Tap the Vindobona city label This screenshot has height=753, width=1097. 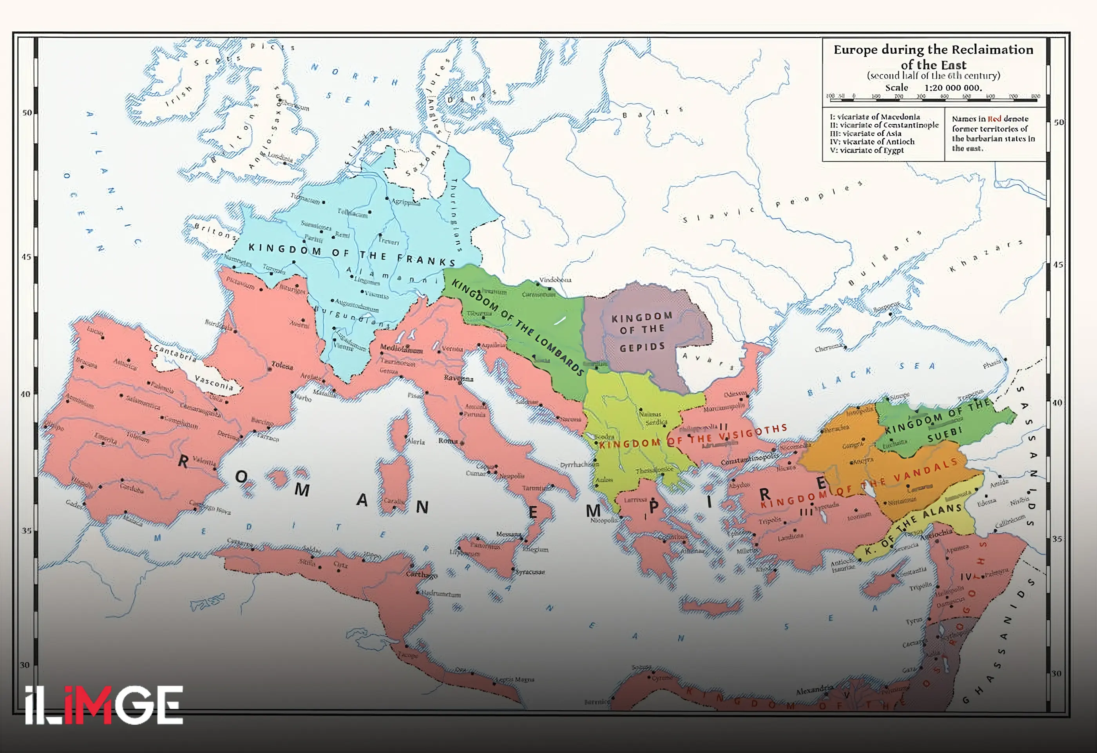[x=555, y=280]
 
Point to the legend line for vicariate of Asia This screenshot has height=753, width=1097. [x=866, y=134]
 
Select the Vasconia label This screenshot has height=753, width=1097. [x=214, y=383]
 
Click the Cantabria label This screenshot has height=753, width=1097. [x=175, y=353]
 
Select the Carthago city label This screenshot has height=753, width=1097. [x=422, y=575]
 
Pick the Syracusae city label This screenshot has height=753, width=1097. [x=530, y=572]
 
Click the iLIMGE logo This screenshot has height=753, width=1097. [x=104, y=705]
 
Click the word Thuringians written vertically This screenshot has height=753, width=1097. [x=456, y=215]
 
